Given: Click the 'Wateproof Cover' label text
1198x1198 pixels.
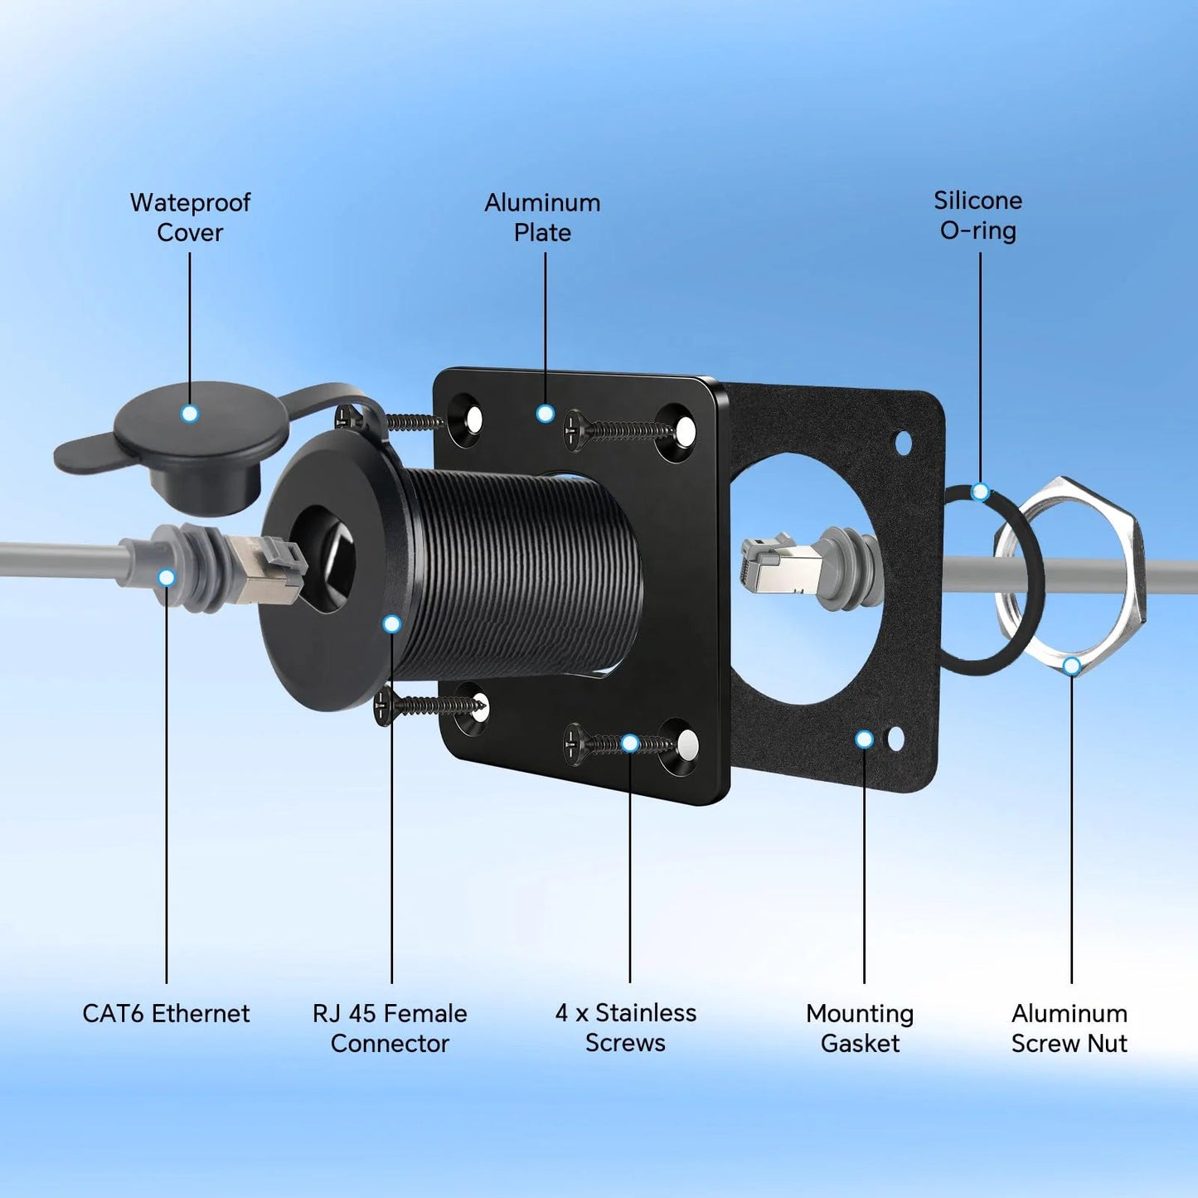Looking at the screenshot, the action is [x=190, y=217].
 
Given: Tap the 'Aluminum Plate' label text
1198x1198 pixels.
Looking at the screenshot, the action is [x=542, y=217].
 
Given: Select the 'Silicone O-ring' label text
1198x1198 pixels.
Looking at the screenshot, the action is [x=978, y=215].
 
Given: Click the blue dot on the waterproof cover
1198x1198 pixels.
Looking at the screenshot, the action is [x=190, y=414].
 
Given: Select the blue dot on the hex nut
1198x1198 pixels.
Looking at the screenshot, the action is [x=1071, y=667].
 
